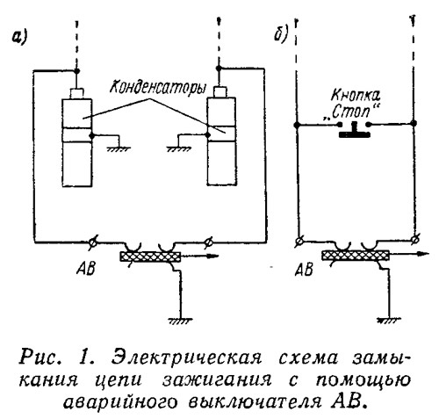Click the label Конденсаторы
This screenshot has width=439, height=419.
157,87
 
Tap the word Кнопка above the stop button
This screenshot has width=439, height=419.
356,95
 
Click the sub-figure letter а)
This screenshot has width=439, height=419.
20,38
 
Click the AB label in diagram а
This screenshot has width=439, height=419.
85,268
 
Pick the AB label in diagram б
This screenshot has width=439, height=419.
304,269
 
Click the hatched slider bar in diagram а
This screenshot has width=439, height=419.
150,256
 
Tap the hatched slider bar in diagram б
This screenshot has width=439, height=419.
356,255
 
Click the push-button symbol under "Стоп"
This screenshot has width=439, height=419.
354,130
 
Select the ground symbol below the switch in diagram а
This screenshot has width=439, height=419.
180,321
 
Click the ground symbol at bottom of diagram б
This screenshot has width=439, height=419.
389,320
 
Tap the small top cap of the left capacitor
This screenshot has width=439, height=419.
76,93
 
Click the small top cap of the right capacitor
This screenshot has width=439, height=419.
220,92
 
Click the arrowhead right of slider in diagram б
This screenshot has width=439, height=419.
423,254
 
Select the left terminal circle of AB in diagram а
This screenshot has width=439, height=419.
93,242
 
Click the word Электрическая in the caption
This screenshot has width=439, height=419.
187,358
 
